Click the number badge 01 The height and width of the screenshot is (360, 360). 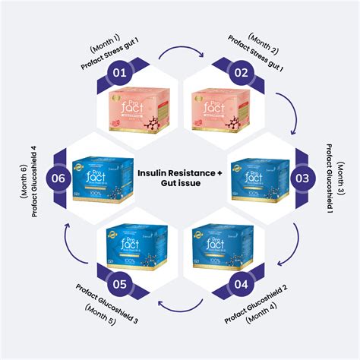(x=118, y=74)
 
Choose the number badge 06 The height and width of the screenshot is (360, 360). (x=58, y=178)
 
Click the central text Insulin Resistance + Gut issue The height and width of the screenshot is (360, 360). (x=180, y=178)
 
